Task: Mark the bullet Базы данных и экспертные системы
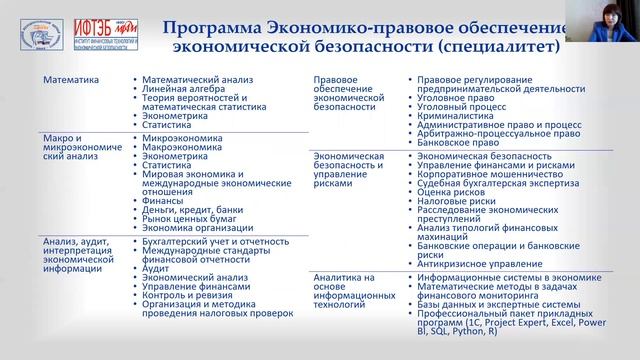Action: pyautogui.click(x=492, y=308)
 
